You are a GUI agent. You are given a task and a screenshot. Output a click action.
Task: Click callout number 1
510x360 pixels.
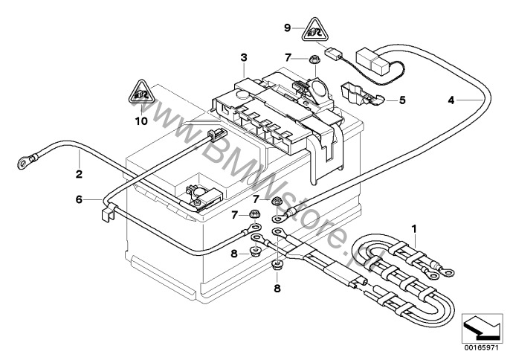click(415, 228)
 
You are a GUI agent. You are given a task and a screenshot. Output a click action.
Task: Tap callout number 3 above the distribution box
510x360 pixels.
click(243, 57)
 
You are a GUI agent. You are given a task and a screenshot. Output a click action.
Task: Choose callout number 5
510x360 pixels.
click(401, 99)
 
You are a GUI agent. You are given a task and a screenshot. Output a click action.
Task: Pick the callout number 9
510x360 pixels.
click(287, 28)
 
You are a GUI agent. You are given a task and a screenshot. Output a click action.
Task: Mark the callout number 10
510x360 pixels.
click(141, 119)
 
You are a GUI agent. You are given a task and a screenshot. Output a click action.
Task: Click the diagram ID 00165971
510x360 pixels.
click(481, 346)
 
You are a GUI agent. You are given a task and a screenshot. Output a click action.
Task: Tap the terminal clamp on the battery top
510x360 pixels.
click(201, 194)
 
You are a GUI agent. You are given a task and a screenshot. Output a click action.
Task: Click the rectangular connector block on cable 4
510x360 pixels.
click(372, 57)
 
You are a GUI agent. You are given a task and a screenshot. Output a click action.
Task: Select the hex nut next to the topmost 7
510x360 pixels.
click(314, 58)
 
